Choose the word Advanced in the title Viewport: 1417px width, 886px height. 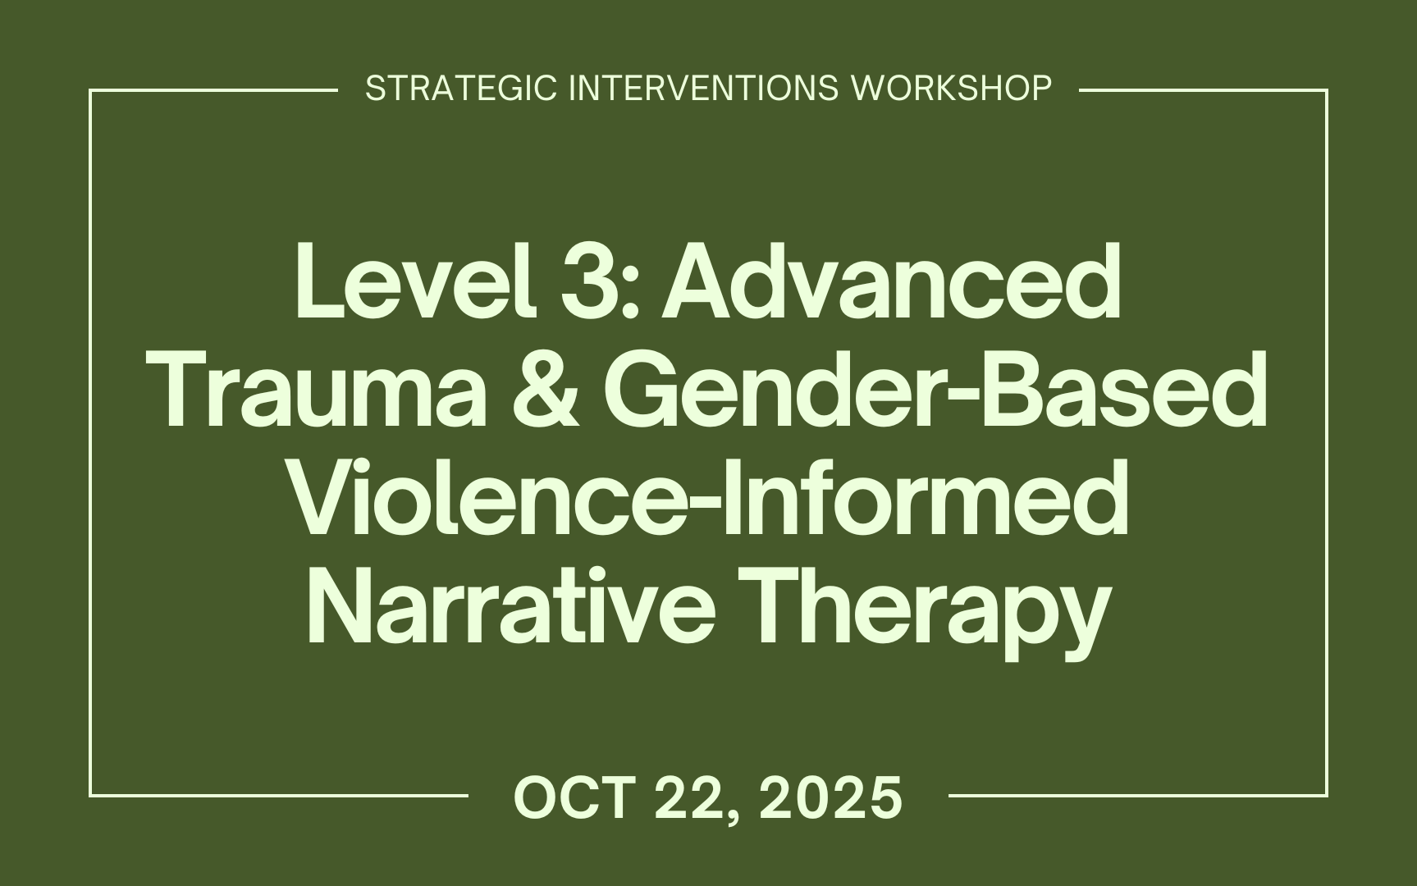point(892,281)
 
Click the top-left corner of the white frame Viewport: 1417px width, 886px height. point(90,90)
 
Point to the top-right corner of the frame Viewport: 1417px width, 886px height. point(1326,90)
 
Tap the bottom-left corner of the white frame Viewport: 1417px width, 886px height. point(90,795)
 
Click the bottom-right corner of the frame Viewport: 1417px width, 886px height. point(1326,795)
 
